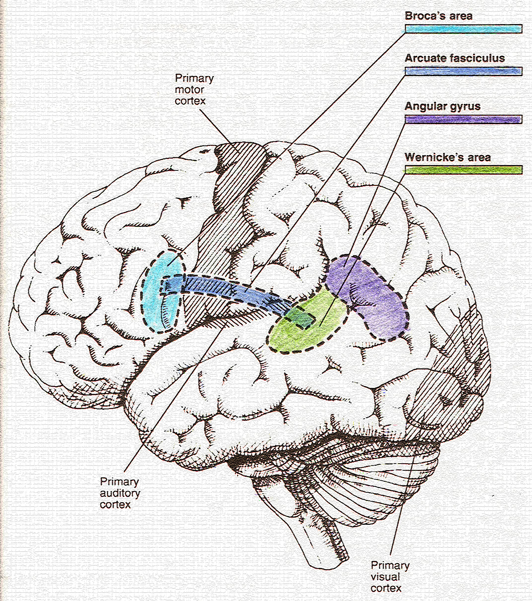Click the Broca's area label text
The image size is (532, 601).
point(438,16)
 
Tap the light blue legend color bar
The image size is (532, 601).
point(463,29)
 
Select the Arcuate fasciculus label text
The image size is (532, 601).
point(454,58)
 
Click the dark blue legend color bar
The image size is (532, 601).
point(463,71)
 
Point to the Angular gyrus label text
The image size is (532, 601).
point(442,106)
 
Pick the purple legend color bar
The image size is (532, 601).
point(463,119)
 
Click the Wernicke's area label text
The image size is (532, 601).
point(447,157)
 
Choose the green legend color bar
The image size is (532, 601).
point(463,170)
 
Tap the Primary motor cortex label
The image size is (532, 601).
point(194,89)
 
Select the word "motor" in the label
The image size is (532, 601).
point(189,90)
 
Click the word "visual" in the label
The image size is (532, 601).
point(385,577)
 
